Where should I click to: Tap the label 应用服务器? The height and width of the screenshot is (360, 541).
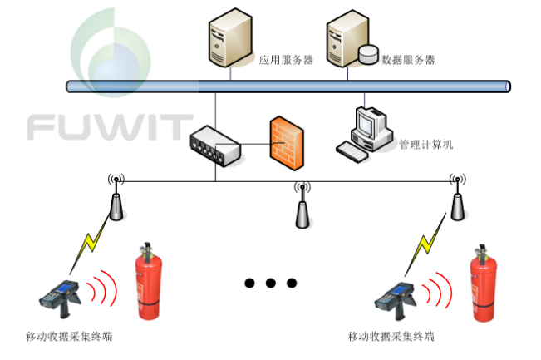click(x=286, y=60)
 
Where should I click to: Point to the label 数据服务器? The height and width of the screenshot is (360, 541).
click(x=408, y=60)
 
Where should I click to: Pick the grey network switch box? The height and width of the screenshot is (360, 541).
click(x=215, y=145)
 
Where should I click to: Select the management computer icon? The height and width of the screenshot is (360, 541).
click(x=365, y=133)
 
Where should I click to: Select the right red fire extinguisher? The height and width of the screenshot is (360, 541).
click(x=483, y=283)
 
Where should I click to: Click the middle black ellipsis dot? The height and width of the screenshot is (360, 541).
click(x=270, y=283)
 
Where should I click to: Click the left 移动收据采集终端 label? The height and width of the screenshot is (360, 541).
click(x=70, y=338)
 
